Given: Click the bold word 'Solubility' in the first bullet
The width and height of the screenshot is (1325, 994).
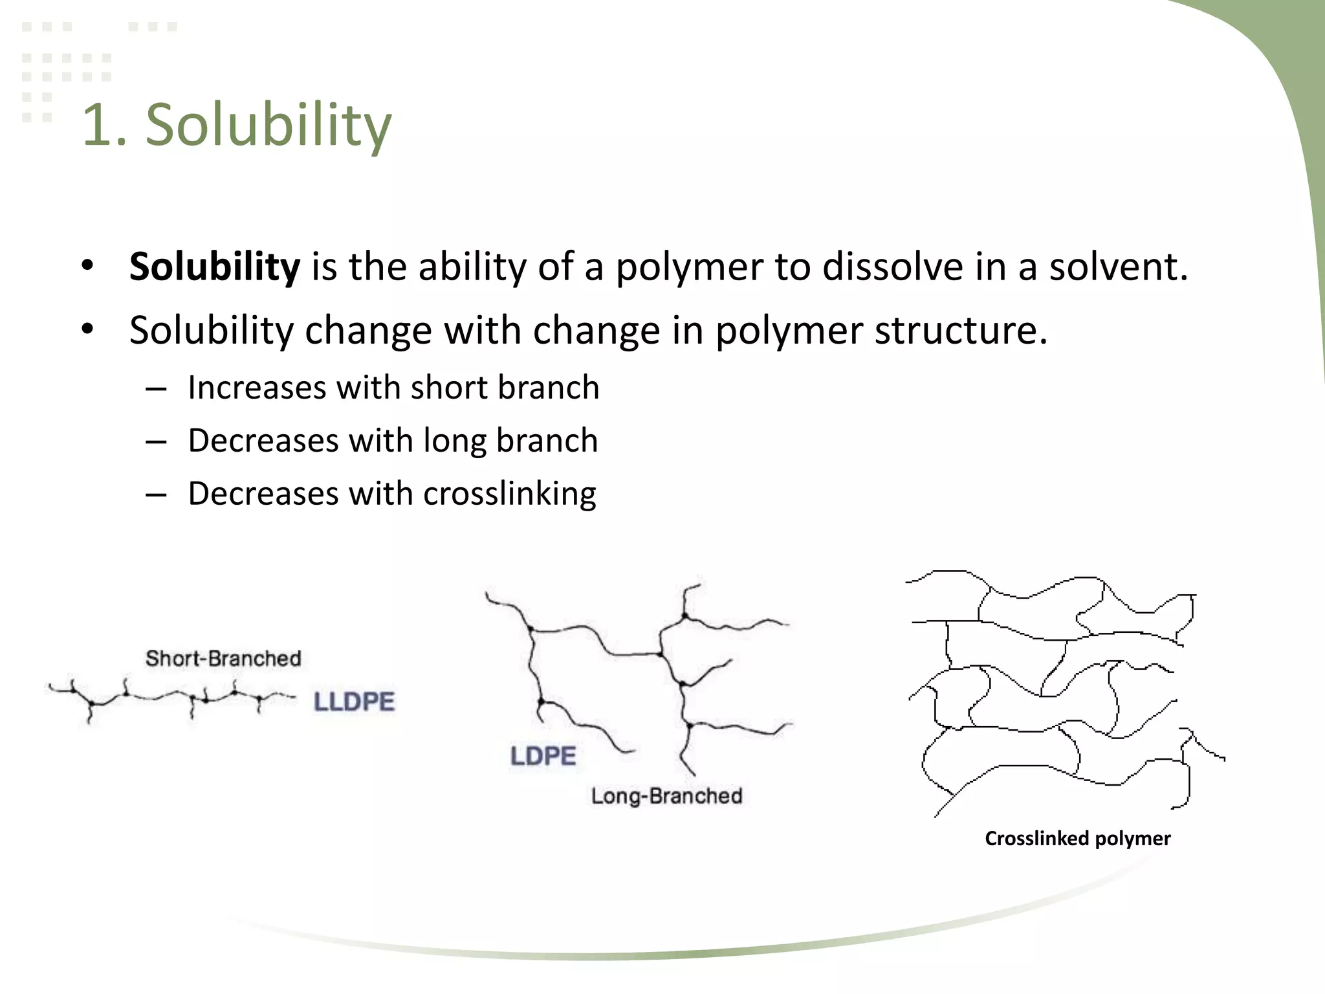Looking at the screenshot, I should point(215,266).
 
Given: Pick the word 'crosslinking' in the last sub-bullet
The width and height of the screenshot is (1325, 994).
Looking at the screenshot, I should point(510,494).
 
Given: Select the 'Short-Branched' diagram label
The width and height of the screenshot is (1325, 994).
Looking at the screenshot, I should point(223,658).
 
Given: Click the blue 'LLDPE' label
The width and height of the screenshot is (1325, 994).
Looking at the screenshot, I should point(354,701).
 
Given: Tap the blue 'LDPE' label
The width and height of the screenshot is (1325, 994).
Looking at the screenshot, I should point(543,756).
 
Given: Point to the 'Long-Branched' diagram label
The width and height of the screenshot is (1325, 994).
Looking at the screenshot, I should point(666,795).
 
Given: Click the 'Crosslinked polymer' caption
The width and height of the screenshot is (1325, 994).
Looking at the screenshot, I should point(1077,838).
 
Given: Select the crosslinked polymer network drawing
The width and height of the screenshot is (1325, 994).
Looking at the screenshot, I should point(1061,692).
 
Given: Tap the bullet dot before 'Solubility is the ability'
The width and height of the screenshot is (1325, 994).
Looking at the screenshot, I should point(88,266).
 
